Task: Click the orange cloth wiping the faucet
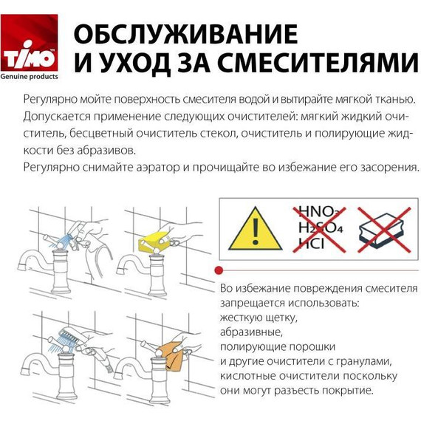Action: pos(175,355)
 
